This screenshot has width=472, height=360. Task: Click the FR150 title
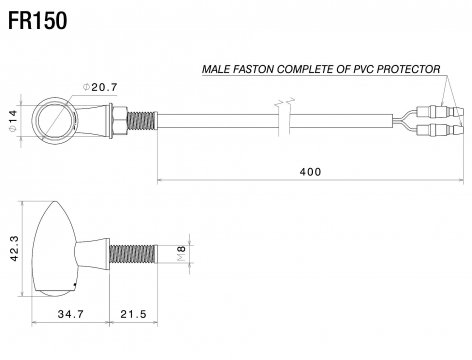[x=37, y=21]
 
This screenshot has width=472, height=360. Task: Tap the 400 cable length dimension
[x=310, y=172]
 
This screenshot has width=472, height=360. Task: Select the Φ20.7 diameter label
[x=100, y=87]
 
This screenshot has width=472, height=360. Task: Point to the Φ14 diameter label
[x=13, y=121]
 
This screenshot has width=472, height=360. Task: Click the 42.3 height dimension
[x=14, y=248]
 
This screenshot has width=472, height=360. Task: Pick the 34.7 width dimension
[x=71, y=314]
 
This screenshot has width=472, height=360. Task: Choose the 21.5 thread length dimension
[x=133, y=314]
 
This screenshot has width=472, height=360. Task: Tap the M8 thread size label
[x=181, y=253]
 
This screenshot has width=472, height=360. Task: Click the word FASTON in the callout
[x=253, y=69]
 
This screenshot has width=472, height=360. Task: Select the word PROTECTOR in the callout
[x=408, y=69]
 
